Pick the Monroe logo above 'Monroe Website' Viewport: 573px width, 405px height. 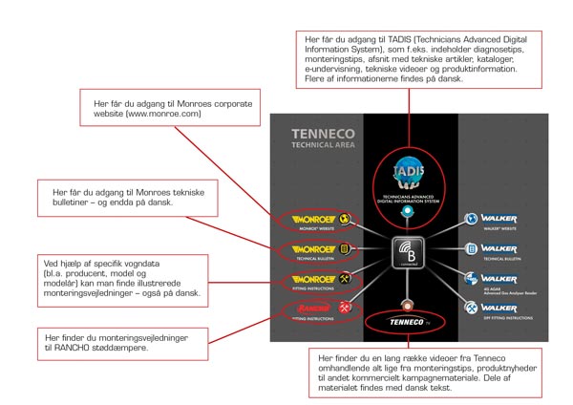(x=305, y=217)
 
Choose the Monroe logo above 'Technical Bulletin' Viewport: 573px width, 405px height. (x=305, y=249)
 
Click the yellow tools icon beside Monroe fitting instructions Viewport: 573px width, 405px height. (x=345, y=280)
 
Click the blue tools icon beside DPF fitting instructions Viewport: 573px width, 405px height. (x=470, y=309)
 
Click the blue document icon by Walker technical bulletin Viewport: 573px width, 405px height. (x=471, y=249)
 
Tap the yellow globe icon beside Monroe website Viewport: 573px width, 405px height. (x=345, y=217)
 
